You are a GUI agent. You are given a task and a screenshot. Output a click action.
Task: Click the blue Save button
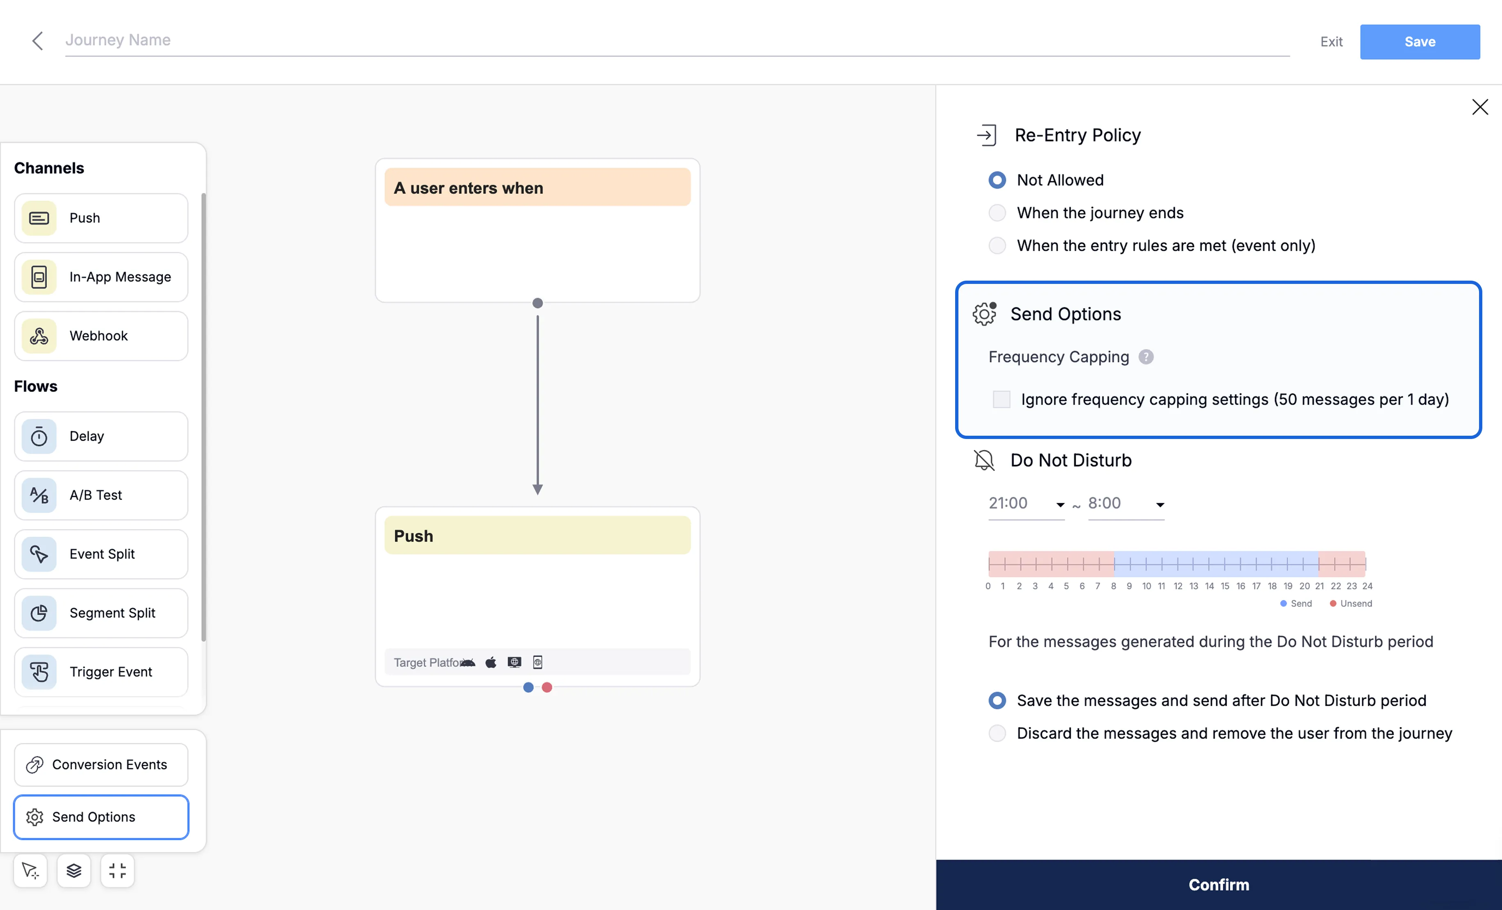(1420, 41)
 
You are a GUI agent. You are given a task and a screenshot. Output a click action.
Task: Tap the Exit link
(1331, 41)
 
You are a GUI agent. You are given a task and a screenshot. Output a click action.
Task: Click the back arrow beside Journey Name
(37, 41)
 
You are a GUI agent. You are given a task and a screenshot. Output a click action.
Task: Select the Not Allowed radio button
(997, 180)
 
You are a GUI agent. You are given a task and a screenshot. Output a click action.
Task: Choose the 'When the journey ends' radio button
(997, 213)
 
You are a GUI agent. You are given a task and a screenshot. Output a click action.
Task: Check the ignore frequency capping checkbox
(1001, 400)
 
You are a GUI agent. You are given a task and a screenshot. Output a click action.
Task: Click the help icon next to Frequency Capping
(1146, 357)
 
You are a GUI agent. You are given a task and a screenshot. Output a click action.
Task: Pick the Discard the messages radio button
(997, 733)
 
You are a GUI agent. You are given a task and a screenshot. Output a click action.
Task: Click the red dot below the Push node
(547, 687)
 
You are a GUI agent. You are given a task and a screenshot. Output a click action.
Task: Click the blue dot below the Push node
(528, 687)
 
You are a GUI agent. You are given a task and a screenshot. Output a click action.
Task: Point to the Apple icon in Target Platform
(491, 662)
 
